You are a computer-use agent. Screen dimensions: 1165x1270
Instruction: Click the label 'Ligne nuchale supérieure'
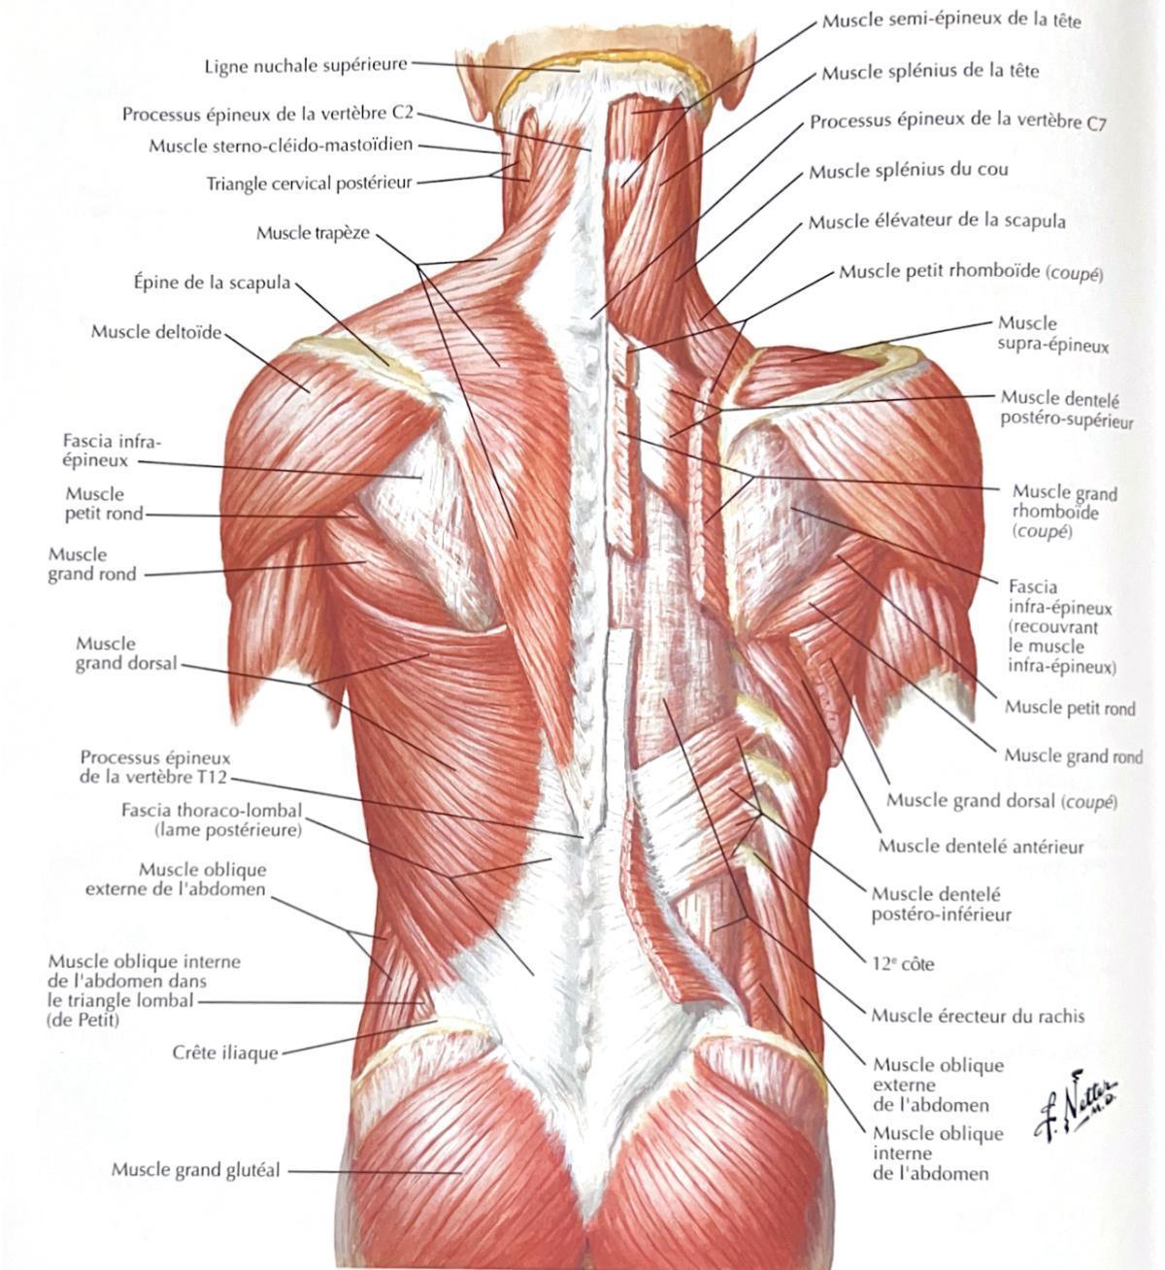click(306, 65)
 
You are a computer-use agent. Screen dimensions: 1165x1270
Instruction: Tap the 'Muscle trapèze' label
click(313, 233)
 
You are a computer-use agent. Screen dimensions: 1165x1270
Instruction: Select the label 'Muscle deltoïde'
click(156, 332)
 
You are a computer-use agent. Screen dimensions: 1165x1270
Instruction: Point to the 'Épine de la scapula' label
click(212, 283)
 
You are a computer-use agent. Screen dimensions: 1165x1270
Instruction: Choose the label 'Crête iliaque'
click(225, 1053)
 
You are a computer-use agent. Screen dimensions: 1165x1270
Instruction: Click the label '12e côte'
click(903, 963)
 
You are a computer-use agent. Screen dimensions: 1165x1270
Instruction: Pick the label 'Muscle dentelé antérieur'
click(982, 847)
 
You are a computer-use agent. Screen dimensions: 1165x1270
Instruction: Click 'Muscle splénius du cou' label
click(909, 171)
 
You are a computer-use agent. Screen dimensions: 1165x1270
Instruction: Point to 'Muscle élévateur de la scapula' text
click(937, 221)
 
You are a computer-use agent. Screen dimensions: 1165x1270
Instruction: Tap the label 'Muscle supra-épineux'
click(1053, 334)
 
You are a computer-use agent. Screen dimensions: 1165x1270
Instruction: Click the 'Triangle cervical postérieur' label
click(309, 184)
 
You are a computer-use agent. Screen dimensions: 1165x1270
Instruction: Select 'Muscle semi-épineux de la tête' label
click(951, 21)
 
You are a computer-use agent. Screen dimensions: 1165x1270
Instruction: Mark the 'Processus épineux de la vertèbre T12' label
click(154, 767)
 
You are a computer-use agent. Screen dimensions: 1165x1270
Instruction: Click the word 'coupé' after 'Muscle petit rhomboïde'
click(1075, 274)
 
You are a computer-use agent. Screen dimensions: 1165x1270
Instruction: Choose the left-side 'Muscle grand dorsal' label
click(126, 653)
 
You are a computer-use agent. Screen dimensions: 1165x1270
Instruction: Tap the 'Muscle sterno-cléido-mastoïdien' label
click(281, 146)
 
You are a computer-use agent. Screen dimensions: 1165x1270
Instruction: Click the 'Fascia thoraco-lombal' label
click(212, 810)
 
